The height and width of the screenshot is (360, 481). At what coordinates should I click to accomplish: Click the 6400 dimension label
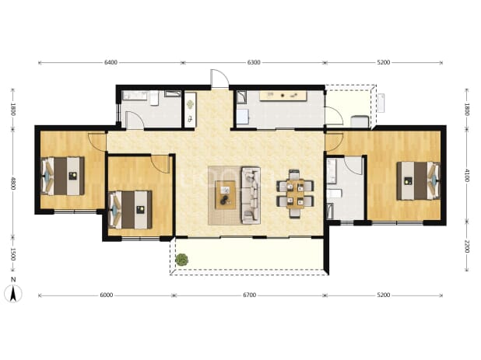point(111,62)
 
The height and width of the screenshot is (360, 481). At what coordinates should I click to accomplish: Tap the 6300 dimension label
point(254,62)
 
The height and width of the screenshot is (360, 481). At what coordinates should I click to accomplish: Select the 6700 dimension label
point(249,295)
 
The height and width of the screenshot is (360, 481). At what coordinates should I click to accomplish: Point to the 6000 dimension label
point(107,295)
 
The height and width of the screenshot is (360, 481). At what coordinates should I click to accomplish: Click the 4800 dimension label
point(13,183)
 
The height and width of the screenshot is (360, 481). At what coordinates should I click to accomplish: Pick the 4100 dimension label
point(466,175)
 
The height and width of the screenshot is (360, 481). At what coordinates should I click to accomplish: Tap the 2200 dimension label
point(466,246)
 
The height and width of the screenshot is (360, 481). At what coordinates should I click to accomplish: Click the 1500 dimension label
point(13,254)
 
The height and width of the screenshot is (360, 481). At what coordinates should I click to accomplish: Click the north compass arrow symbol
point(13,293)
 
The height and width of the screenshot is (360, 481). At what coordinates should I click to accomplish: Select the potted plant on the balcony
point(181,260)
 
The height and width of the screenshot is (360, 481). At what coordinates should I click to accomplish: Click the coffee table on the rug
point(226,195)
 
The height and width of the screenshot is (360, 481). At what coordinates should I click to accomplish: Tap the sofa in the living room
point(251,195)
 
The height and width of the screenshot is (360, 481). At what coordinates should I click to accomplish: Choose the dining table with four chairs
point(295,194)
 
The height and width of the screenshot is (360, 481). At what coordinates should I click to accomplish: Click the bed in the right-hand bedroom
point(419,180)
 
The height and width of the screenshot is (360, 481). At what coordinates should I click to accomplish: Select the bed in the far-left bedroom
point(62,176)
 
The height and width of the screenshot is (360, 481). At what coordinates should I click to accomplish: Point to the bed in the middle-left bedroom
point(131,210)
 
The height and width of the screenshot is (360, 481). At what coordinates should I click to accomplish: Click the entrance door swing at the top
point(219,79)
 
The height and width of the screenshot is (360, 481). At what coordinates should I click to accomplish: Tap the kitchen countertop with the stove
point(283,96)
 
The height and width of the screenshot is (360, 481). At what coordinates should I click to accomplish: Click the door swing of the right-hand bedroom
point(334,142)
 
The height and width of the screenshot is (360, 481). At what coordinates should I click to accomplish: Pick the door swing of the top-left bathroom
point(135,120)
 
